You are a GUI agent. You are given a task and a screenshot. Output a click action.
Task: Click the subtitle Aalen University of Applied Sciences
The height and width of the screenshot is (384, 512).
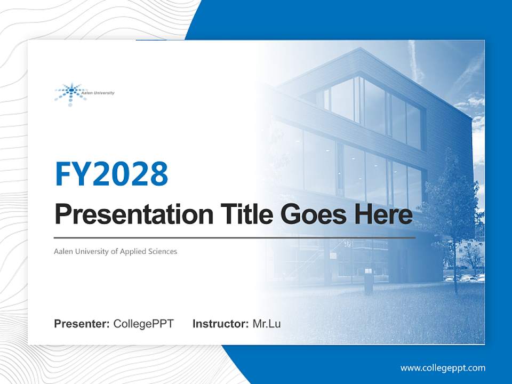(x=115, y=251)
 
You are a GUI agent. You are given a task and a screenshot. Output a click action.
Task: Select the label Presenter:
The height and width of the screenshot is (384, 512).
(x=82, y=324)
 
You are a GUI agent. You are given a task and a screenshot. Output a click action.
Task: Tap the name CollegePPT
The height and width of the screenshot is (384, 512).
(x=143, y=324)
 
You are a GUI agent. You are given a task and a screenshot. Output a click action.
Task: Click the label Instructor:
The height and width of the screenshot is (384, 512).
(x=220, y=324)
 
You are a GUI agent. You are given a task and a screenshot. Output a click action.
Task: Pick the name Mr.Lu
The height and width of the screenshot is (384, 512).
(x=267, y=324)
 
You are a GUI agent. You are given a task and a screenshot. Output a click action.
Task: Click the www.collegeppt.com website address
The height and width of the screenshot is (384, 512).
(x=443, y=368)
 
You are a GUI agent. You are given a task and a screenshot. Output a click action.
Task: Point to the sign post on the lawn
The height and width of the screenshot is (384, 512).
(x=369, y=280)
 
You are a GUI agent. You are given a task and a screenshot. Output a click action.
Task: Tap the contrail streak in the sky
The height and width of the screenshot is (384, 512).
(x=415, y=59)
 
